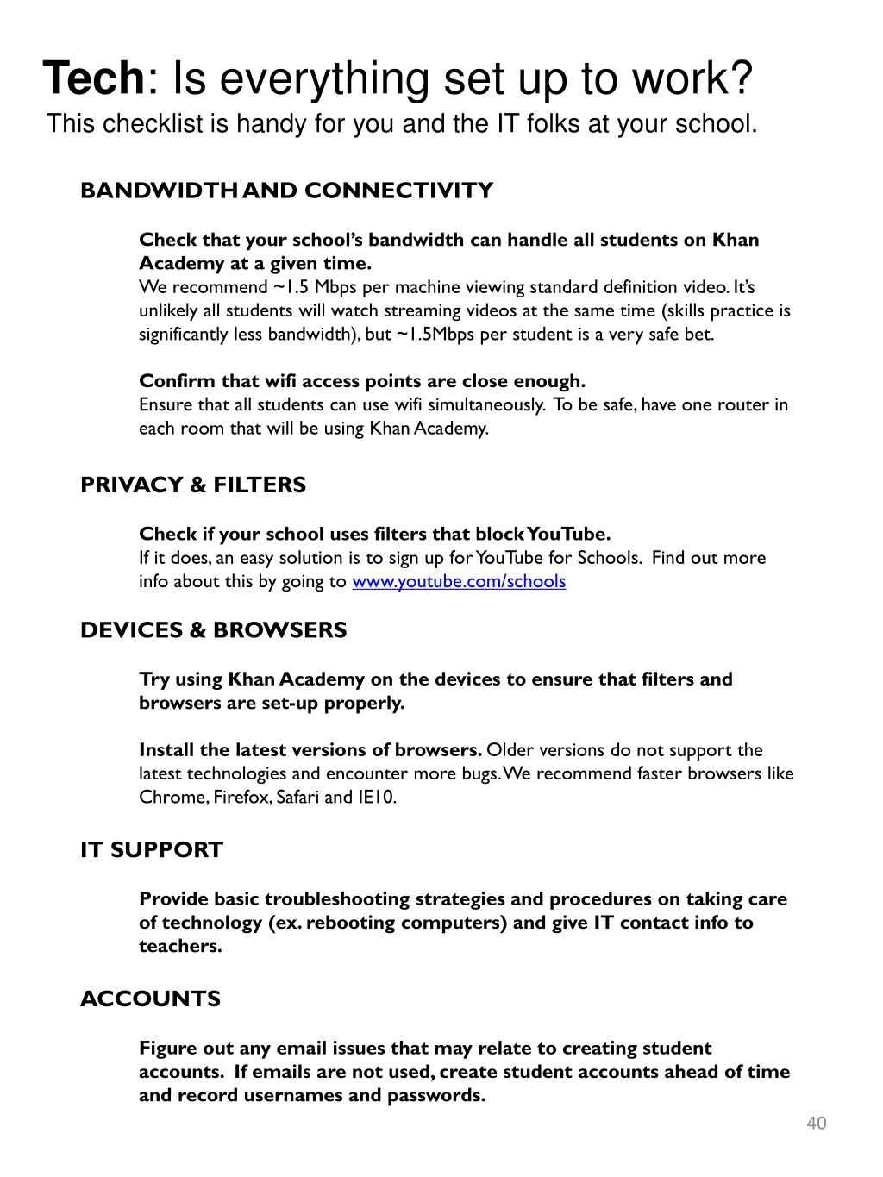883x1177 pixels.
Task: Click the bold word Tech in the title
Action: point(93,78)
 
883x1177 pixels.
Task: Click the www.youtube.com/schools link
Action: point(459,581)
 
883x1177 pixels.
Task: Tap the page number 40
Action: point(816,1123)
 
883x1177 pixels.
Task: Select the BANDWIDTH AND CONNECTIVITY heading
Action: point(286,191)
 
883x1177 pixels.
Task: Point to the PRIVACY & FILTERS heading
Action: point(193,485)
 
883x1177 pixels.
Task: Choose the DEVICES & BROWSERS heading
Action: point(213,630)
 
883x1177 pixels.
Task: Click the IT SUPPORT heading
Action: point(152,850)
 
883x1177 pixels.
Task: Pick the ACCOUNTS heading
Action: point(150,999)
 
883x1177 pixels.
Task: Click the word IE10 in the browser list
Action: point(376,798)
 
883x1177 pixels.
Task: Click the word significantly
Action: point(184,335)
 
